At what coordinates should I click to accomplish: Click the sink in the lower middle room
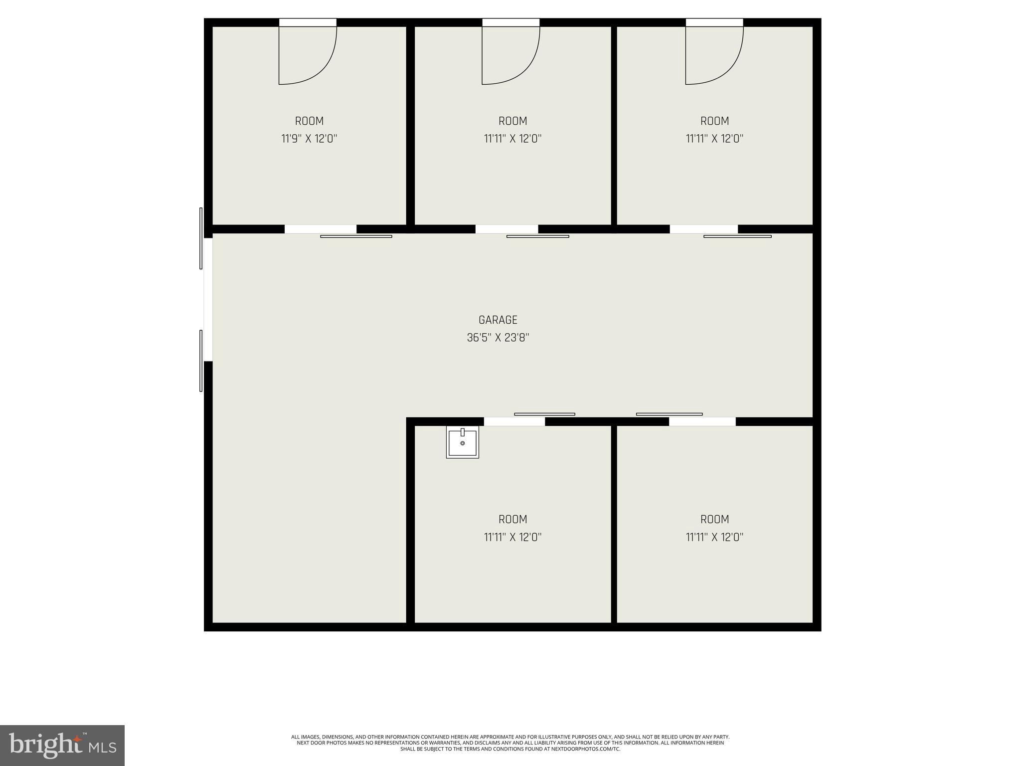(x=462, y=442)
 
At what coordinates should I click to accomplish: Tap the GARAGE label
(x=498, y=320)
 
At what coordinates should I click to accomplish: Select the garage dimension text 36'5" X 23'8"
(x=498, y=338)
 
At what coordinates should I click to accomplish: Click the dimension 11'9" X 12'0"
(x=309, y=139)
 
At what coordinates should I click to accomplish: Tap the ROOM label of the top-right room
(x=714, y=121)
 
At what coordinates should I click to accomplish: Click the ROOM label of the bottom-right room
(x=714, y=520)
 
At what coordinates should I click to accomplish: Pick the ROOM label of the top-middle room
(x=512, y=121)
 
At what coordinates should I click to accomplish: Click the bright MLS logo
(x=62, y=745)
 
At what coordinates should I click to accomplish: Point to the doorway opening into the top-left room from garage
(x=320, y=229)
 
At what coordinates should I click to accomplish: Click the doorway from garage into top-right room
(x=703, y=229)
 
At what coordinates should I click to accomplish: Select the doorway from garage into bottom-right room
(x=702, y=422)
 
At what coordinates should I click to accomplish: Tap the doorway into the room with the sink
(x=514, y=422)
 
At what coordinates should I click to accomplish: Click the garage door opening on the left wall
(x=208, y=299)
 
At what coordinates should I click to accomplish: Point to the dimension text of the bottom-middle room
(x=512, y=537)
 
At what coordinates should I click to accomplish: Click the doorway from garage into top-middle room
(x=507, y=229)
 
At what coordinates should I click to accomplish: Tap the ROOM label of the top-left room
(x=309, y=121)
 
